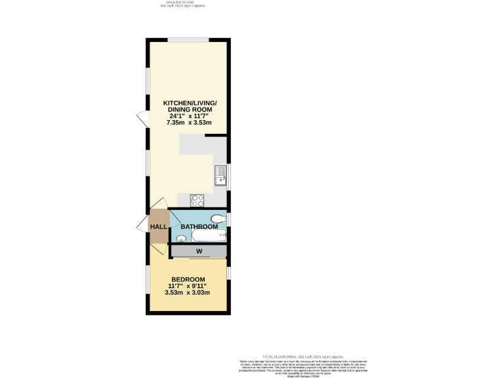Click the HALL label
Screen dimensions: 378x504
158,226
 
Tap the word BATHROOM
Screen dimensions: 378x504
199,226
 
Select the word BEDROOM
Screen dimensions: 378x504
188,279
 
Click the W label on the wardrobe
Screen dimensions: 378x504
198,251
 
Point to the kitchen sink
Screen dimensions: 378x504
219,174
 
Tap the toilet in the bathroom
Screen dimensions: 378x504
218,219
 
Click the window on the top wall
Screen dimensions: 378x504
186,39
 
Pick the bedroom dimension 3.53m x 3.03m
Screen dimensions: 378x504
188,292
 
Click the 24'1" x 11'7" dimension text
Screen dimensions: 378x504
187,115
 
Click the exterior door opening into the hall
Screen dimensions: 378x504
142,226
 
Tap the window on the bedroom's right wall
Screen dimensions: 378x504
228,273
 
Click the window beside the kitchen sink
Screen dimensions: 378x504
228,174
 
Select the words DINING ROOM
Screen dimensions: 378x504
187,109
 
